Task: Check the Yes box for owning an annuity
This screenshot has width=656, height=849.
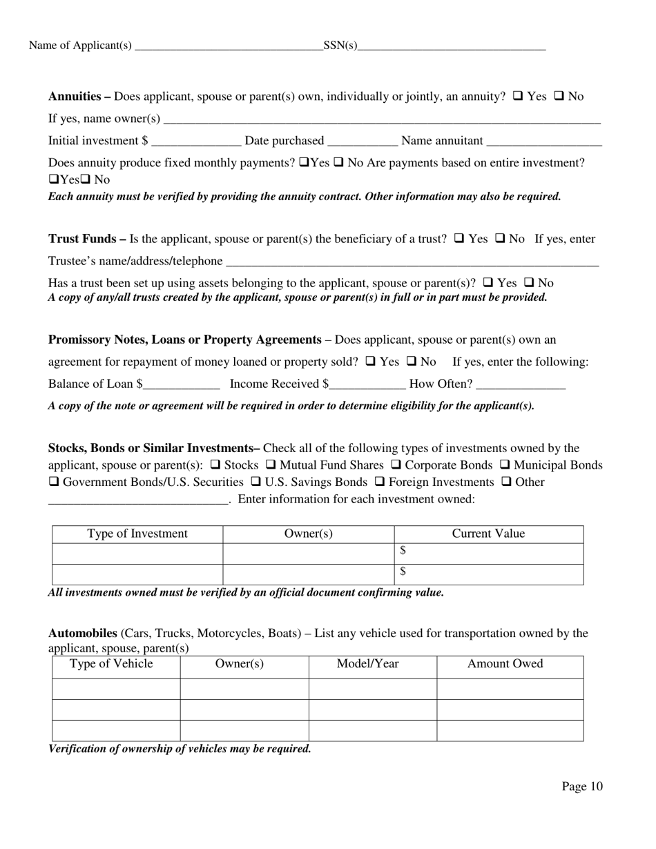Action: [x=518, y=97]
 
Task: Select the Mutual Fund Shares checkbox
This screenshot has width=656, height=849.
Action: [x=271, y=465]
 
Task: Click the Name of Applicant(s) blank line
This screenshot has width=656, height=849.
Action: [x=229, y=46]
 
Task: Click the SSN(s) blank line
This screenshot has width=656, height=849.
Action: [x=452, y=46]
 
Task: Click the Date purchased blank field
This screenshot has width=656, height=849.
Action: [x=363, y=141]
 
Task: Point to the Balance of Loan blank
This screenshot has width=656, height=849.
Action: [x=181, y=384]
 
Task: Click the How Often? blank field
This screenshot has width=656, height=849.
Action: [x=521, y=384]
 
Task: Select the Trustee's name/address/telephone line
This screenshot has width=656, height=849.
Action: [x=412, y=261]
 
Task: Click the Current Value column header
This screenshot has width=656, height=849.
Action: [x=488, y=534]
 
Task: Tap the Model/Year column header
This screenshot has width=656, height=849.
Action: [x=367, y=664]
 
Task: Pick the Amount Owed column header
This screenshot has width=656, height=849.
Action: [x=505, y=664]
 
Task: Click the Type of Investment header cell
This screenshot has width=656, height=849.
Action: [x=137, y=534]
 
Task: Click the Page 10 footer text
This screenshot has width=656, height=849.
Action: [x=581, y=786]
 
